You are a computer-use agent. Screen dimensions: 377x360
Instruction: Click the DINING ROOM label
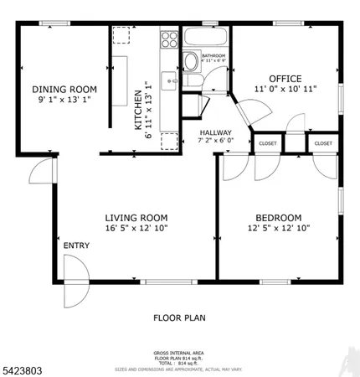pyautogui.click(x=64, y=90)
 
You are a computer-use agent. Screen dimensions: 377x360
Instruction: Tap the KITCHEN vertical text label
pyautogui.click(x=139, y=106)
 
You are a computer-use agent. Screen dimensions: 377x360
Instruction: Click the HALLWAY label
pyautogui.click(x=215, y=132)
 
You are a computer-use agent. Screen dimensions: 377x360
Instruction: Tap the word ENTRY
pyautogui.click(x=76, y=245)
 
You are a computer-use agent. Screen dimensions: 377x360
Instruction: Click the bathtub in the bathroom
pyautogui.click(x=206, y=39)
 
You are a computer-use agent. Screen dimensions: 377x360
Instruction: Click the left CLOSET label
pyautogui.click(x=268, y=143)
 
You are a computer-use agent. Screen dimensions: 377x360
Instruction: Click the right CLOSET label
pyautogui.click(x=323, y=143)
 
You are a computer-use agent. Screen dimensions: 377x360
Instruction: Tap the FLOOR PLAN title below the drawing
pyautogui.click(x=178, y=318)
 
